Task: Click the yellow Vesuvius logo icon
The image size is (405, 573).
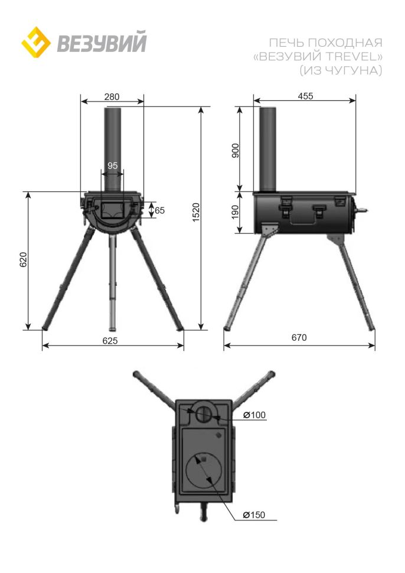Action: tap(36, 42)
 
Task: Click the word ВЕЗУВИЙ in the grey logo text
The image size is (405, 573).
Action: tap(102, 43)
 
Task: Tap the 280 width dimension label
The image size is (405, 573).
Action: tap(112, 96)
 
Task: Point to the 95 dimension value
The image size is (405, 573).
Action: tap(113, 165)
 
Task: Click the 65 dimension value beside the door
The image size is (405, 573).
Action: tap(159, 210)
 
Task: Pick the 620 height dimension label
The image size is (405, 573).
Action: tap(24, 259)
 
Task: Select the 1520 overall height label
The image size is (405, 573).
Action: tap(196, 212)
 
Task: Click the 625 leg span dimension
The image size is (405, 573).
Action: tap(110, 341)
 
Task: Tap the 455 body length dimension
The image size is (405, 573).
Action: tap(305, 96)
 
